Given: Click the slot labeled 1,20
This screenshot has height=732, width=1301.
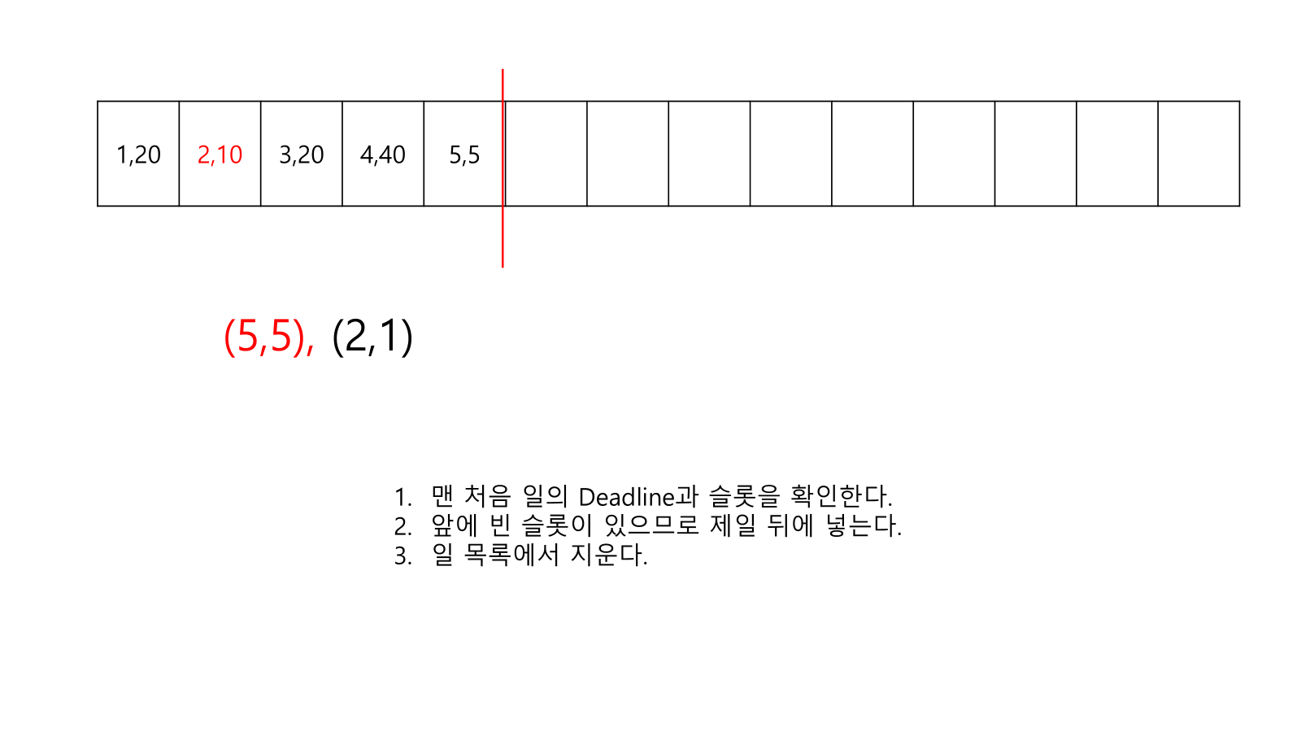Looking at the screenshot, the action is coord(138,155).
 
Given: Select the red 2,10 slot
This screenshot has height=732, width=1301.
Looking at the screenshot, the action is coord(220,155).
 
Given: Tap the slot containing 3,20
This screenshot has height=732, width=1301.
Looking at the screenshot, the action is coord(301,155).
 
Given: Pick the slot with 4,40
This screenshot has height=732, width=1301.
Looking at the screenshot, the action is coord(383,155).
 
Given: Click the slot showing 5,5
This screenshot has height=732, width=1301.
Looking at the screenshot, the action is coord(464,155).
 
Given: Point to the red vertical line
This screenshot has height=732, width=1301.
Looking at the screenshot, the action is coord(503,236).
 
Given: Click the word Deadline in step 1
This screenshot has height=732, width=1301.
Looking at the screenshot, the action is coord(627,496).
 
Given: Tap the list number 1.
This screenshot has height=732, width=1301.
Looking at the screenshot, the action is coord(402,497).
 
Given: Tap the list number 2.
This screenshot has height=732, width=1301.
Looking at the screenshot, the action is coord(402,526).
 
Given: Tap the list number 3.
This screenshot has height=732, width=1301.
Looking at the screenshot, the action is coord(402,556).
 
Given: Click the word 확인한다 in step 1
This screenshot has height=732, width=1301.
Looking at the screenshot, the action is coord(841,496).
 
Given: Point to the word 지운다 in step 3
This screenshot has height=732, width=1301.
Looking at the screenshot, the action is coord(608,555).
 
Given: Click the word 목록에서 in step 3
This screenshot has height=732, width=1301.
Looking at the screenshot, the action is coord(511,555).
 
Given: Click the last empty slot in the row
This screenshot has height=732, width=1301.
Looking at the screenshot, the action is coord(1199,155).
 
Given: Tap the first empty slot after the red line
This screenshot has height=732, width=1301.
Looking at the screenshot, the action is coord(546,155).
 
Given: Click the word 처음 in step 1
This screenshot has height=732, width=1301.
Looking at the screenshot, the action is coord(487,496).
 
